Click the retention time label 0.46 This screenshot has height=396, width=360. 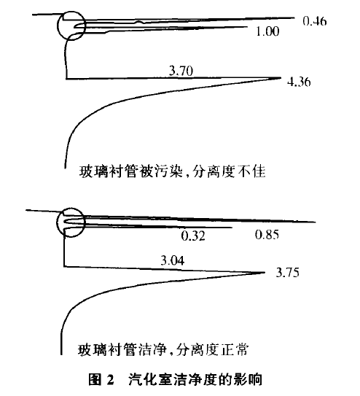(x=315, y=21)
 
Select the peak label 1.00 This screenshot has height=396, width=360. (x=267, y=31)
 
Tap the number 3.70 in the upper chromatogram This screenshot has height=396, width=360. (x=181, y=71)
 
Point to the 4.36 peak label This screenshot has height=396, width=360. (x=299, y=82)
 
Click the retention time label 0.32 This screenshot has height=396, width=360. (x=193, y=236)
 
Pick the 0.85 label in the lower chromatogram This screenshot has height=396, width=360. (x=267, y=235)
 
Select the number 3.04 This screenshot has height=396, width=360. (x=173, y=260)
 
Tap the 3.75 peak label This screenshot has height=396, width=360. (x=288, y=273)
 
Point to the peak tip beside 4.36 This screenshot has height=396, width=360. (x=281, y=77)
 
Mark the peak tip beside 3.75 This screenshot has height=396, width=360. (x=265, y=272)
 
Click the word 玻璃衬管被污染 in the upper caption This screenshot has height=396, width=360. (x=130, y=171)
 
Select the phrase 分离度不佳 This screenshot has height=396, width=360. (x=229, y=171)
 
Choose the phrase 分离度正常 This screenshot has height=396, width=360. (x=212, y=350)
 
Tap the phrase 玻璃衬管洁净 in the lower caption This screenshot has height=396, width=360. (x=122, y=350)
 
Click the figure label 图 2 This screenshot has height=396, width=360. (x=101, y=379)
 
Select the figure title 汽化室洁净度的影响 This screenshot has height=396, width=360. (x=195, y=379)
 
